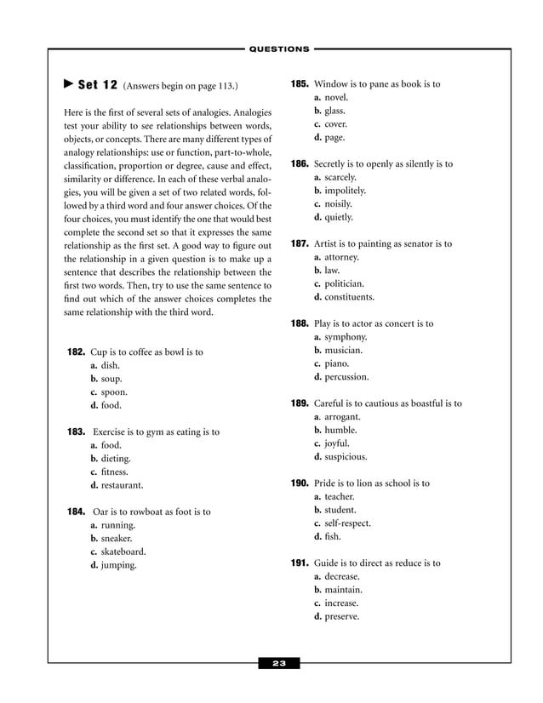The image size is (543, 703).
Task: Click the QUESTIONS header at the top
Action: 279,49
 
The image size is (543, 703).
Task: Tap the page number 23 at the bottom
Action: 279,663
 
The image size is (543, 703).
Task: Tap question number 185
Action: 300,85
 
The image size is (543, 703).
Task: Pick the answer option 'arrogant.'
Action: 337,417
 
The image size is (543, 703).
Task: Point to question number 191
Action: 300,563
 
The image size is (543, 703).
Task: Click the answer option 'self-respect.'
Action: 342,523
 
